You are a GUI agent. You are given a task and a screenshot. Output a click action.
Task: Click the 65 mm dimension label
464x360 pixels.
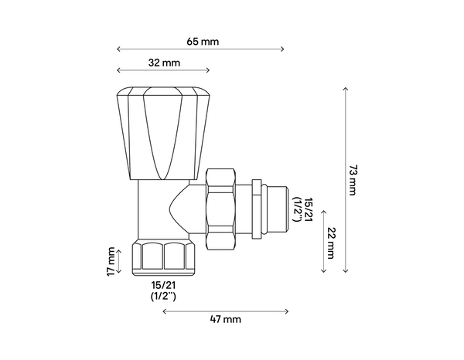(x=203, y=40)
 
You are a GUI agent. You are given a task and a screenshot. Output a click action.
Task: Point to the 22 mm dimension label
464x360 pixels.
(x=331, y=240)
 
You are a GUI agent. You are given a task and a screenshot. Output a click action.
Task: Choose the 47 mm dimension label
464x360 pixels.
(x=226, y=319)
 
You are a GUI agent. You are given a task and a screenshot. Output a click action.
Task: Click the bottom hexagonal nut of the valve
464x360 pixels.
(x=163, y=257)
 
